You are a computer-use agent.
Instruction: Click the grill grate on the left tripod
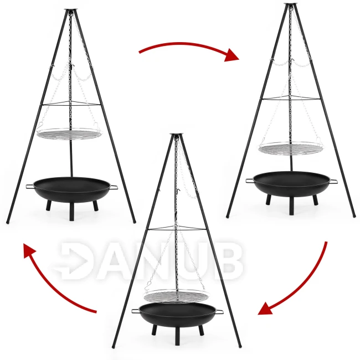tap(69, 135)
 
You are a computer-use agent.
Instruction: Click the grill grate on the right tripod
tap(290, 148)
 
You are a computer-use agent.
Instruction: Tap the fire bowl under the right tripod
tap(291, 184)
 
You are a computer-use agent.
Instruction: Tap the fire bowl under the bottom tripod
tap(177, 315)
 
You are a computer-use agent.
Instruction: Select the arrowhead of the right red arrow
tap(266, 308)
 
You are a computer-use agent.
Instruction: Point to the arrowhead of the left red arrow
tap(30, 251)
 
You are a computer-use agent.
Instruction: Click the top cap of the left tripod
tap(70, 10)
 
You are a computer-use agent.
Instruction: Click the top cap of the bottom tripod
tap(177, 134)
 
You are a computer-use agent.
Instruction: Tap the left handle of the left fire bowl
tap(29, 186)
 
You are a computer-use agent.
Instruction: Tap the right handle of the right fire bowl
tap(333, 181)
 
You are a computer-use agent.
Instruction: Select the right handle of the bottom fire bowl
tap(219, 312)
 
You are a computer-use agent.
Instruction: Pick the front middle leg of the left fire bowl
tap(72, 212)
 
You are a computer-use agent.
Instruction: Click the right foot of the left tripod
tap(135, 222)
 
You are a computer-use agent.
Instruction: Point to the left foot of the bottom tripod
tap(113, 346)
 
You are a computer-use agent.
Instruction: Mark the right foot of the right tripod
tap(354, 216)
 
